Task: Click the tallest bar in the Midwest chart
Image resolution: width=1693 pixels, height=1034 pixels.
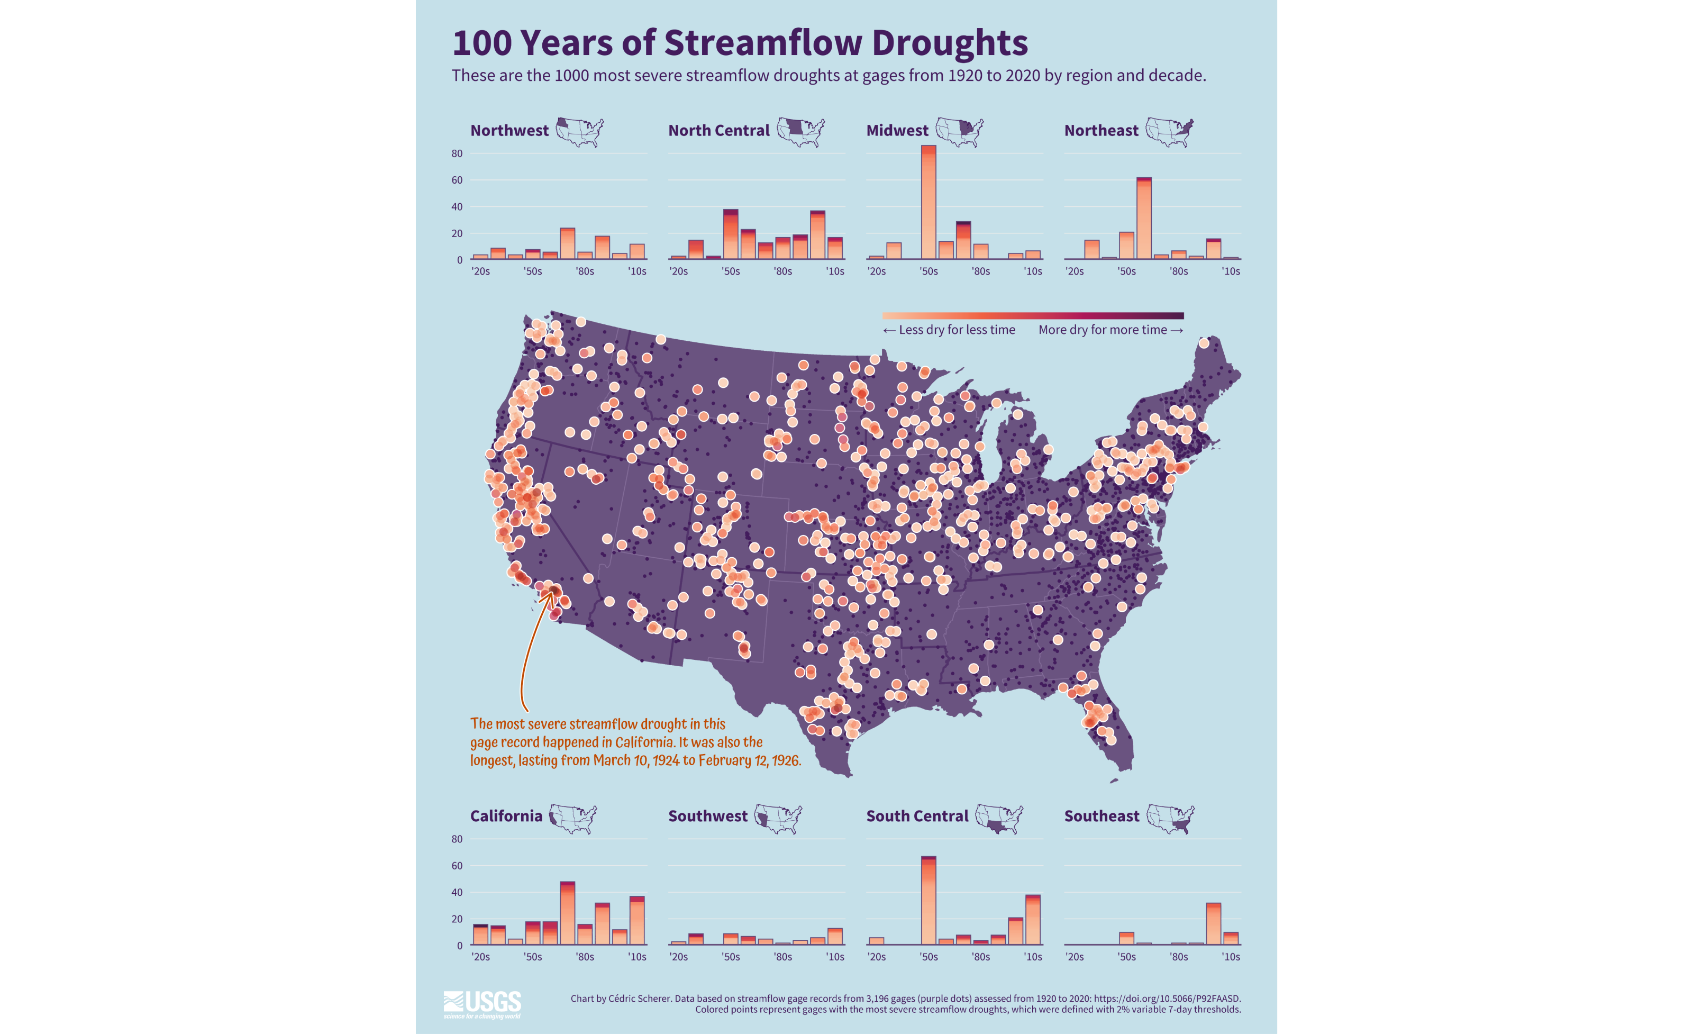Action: click(x=929, y=203)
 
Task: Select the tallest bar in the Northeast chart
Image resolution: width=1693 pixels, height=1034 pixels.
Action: click(x=1144, y=219)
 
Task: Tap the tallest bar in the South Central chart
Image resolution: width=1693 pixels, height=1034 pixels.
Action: click(x=929, y=900)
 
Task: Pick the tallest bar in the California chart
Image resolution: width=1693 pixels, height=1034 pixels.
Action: click(x=568, y=913)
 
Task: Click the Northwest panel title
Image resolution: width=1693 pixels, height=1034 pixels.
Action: click(x=509, y=131)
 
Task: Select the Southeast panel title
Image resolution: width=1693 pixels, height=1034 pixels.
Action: click(x=1102, y=816)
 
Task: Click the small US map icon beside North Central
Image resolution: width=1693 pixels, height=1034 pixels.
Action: click(x=800, y=131)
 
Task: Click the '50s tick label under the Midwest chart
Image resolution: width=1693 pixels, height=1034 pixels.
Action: click(x=929, y=271)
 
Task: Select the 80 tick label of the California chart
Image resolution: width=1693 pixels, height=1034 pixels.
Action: click(x=457, y=839)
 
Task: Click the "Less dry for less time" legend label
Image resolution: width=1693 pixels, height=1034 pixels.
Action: click(x=957, y=330)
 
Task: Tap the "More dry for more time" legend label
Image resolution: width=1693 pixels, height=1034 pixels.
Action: click(x=1102, y=330)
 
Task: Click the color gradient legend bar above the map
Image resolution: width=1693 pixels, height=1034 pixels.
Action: click(x=1033, y=316)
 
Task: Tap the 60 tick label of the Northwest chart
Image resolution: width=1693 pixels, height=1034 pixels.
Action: click(x=457, y=180)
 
